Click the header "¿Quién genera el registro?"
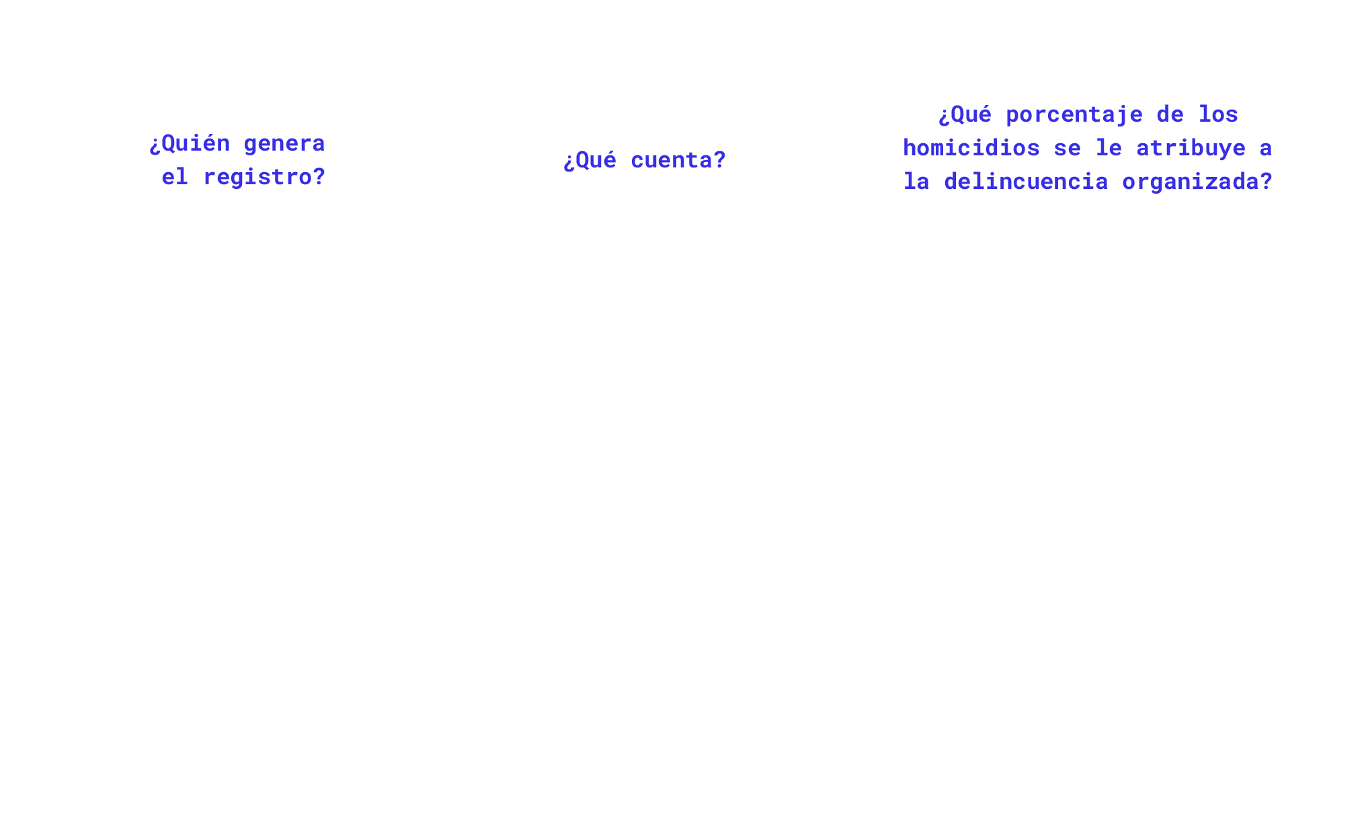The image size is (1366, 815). (x=237, y=160)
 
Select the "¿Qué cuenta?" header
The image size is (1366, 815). (x=645, y=160)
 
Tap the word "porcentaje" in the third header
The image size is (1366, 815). (x=1074, y=114)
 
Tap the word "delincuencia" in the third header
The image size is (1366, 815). (x=1025, y=182)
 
